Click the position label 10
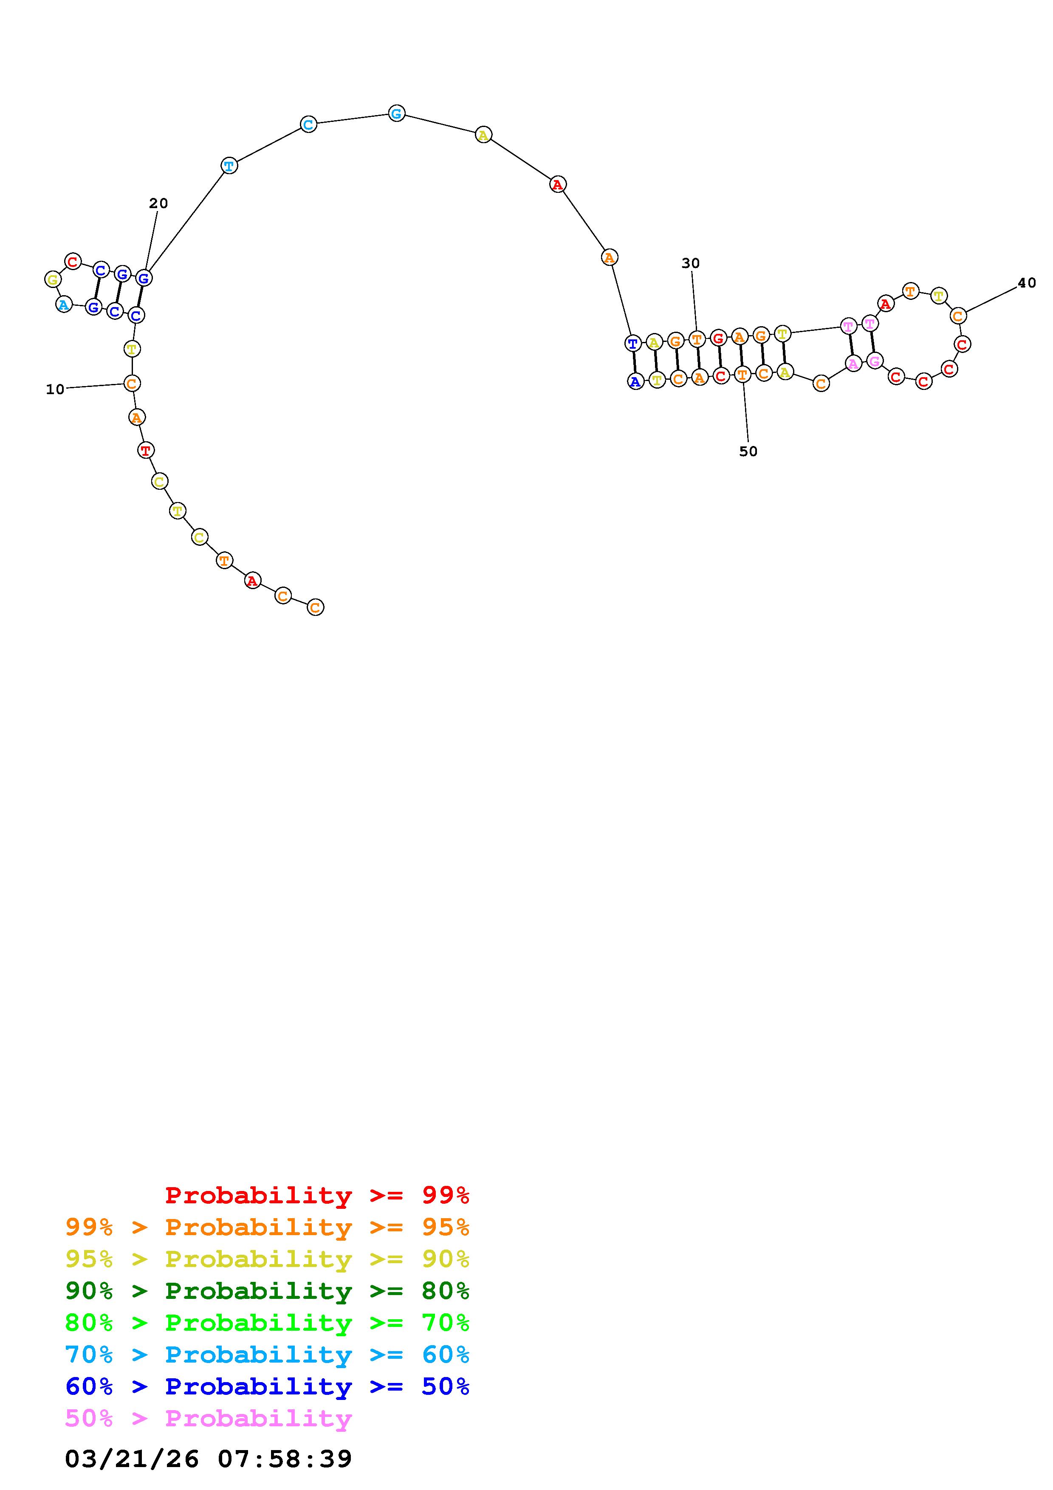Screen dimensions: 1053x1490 coord(55,389)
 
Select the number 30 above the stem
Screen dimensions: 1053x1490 coord(691,263)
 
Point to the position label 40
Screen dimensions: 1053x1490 coord(1027,283)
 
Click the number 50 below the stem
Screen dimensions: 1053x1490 coord(748,452)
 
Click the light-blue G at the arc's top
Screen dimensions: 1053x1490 coord(396,113)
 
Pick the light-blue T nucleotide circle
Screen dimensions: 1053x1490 coord(229,166)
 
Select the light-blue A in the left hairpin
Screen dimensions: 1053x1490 coord(64,305)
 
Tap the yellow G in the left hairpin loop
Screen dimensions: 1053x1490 coord(53,280)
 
